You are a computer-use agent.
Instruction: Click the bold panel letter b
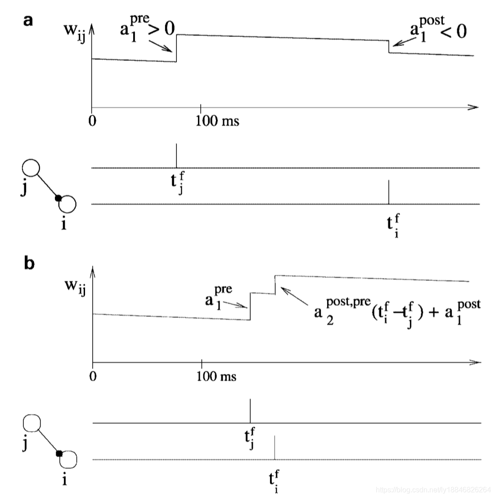tap(29, 263)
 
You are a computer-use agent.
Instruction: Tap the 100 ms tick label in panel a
tap(217, 121)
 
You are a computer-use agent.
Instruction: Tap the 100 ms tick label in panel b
tap(216, 376)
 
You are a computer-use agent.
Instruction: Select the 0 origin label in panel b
tap(93, 376)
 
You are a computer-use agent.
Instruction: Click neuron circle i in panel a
tap(67, 204)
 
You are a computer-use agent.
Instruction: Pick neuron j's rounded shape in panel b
tap(32, 423)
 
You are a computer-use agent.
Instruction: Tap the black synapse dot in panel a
tap(57, 198)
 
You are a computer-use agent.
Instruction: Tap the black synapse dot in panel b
tap(58, 453)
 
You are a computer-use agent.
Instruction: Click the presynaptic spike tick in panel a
tap(176, 155)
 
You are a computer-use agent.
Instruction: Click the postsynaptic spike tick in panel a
tap(388, 192)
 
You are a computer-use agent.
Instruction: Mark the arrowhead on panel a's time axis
tap(473, 107)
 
